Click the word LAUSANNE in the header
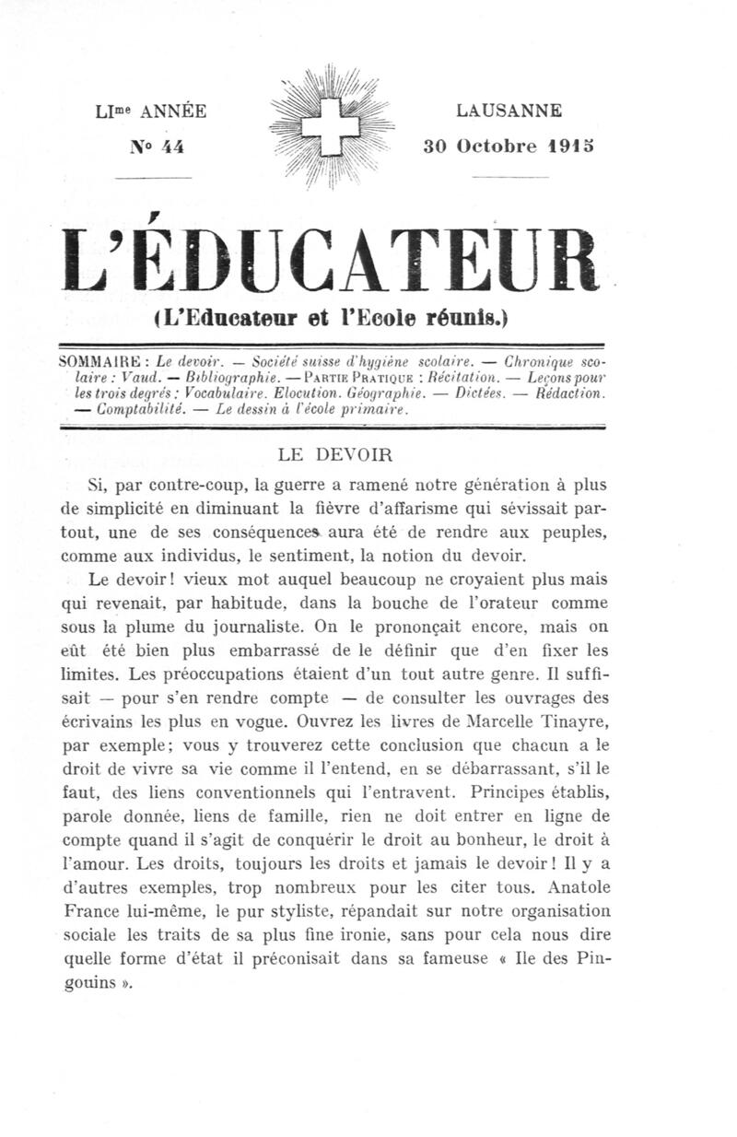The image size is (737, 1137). (x=509, y=111)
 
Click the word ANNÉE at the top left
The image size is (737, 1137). (x=170, y=112)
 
